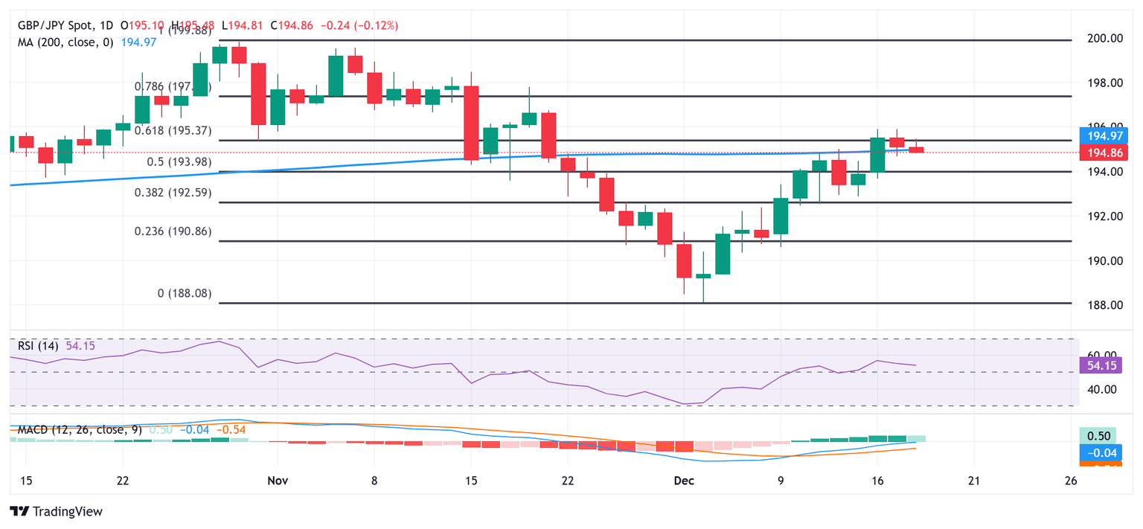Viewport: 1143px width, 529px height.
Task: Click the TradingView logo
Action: tap(56, 512)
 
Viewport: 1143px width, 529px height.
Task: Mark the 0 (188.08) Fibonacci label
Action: tap(185, 294)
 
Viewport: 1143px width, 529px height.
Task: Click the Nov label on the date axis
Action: tap(277, 481)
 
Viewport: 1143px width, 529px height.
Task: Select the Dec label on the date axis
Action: tap(684, 481)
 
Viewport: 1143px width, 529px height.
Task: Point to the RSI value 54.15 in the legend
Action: tap(80, 346)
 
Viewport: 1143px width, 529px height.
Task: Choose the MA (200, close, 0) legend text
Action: tap(65, 42)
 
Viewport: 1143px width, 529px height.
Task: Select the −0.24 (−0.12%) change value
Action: tap(359, 25)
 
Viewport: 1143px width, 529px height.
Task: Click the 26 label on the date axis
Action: tap(1071, 481)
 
